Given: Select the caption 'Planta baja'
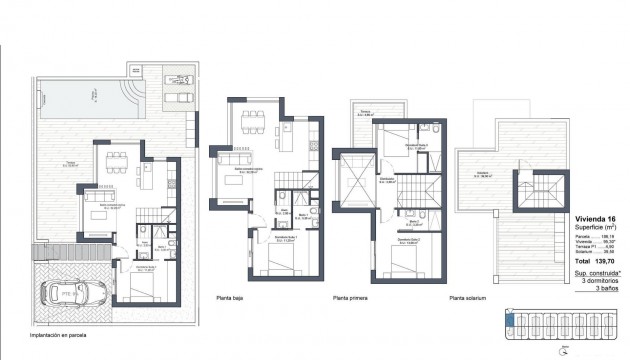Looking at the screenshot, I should click(x=231, y=297).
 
